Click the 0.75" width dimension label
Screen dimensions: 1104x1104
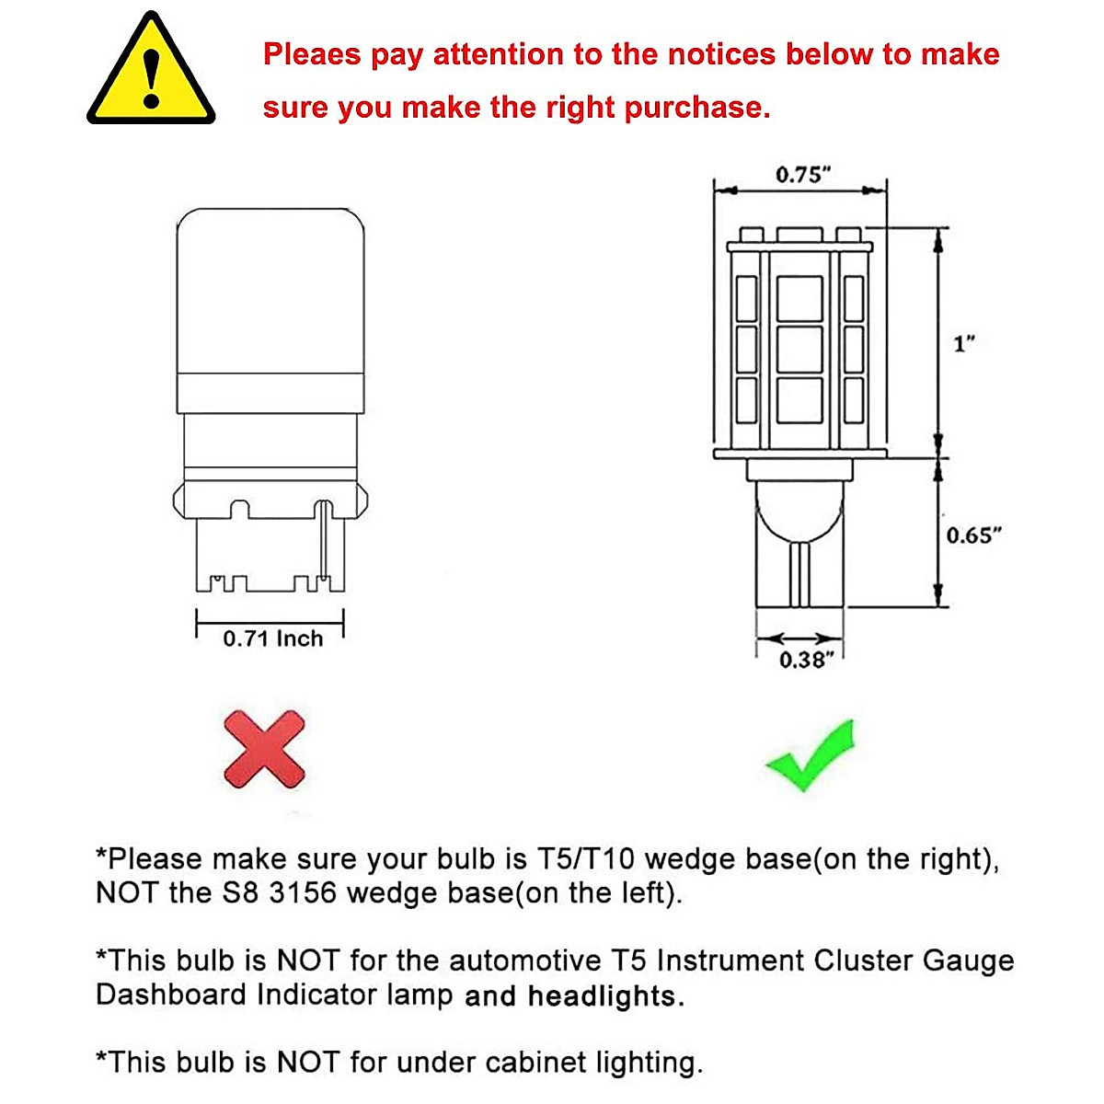802,174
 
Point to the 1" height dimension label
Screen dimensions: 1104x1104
963,344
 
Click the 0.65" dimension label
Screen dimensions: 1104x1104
973,535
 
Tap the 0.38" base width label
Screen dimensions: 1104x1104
806,660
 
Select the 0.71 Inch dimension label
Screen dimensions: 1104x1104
273,638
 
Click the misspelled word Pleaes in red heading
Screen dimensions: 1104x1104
311,55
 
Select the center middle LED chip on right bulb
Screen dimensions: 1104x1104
799,350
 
